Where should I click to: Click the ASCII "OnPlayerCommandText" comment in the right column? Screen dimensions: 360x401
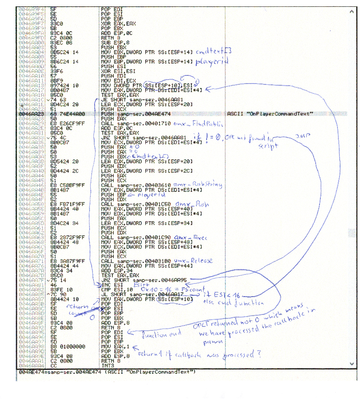point(271,114)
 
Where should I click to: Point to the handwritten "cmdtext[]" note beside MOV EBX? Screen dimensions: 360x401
point(213,52)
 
